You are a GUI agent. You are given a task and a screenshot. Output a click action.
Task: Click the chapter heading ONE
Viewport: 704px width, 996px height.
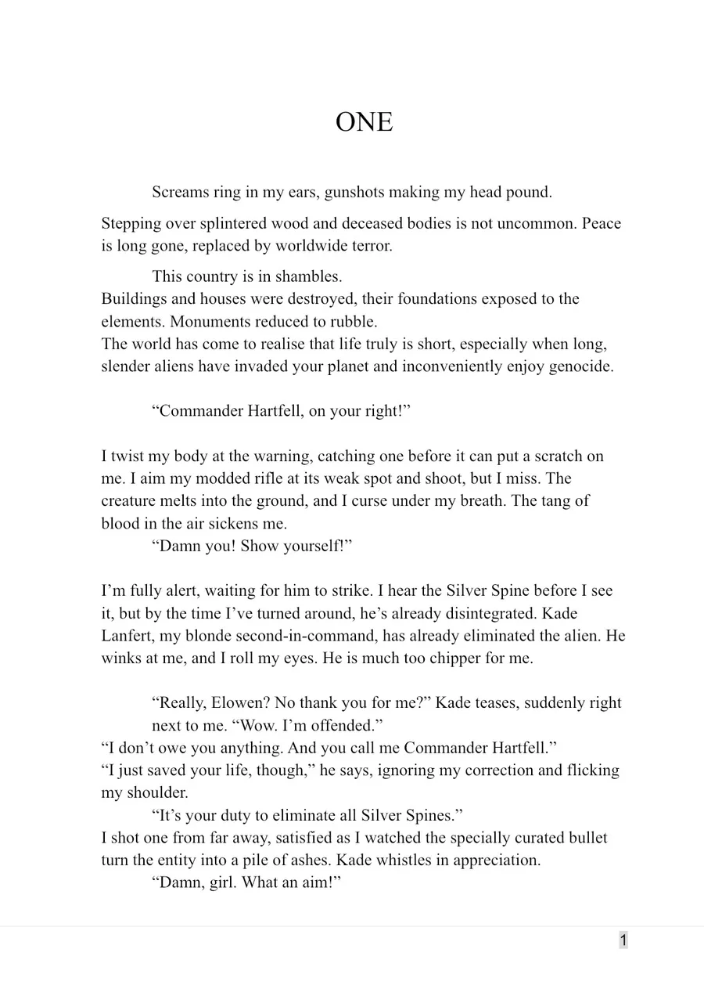(x=364, y=122)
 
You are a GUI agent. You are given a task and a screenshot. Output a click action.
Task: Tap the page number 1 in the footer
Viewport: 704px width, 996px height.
(x=623, y=940)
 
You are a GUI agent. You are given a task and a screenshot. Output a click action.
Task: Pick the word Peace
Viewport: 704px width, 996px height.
(x=602, y=224)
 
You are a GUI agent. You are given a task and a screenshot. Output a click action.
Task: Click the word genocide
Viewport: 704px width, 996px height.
(x=579, y=366)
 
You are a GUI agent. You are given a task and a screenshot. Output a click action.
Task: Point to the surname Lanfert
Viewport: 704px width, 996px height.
(x=130, y=637)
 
